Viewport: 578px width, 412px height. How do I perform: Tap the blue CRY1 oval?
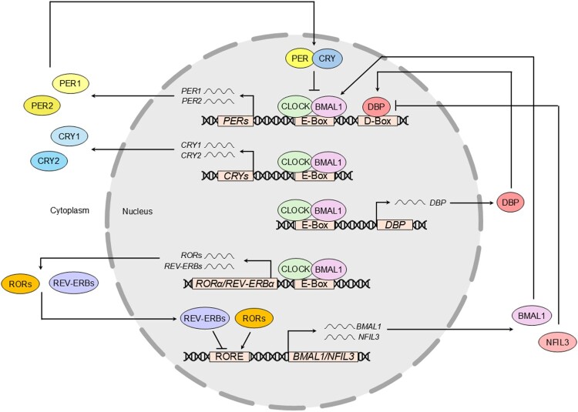pos(69,136)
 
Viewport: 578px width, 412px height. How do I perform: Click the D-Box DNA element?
pos(377,122)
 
